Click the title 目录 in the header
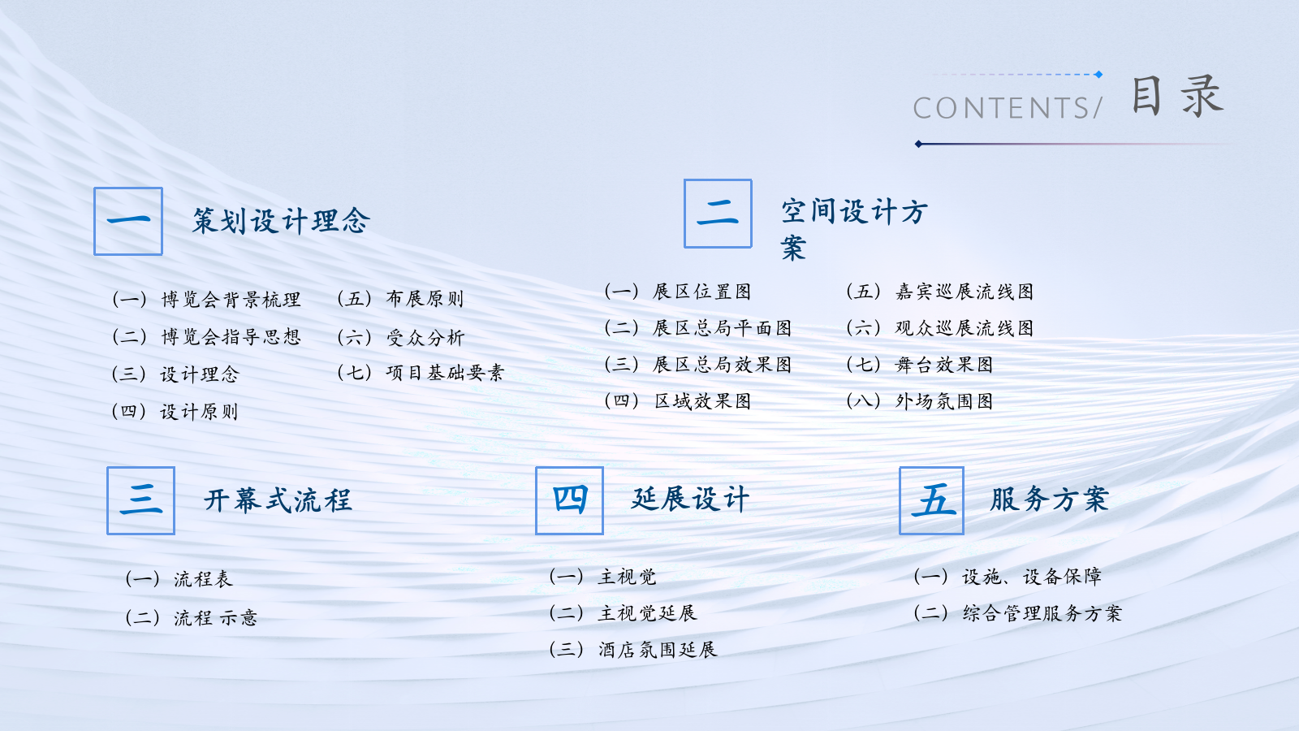pos(1176,97)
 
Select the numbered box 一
pos(128,221)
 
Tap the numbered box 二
pos(718,214)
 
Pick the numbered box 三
pos(140,500)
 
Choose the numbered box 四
pos(569,500)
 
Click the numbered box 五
pos(931,500)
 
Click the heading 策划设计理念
pos(281,221)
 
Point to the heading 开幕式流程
pos(278,500)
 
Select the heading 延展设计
pos(690,499)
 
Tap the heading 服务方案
pos(1049,499)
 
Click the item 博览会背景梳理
pos(231,300)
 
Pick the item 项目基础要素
pos(445,373)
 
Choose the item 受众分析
pos(425,337)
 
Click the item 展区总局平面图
pos(722,328)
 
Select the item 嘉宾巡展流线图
pos(964,292)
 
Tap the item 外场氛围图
pos(943,401)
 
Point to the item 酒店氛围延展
pos(658,650)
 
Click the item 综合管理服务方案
pos(1042,613)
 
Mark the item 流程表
pos(203,579)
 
